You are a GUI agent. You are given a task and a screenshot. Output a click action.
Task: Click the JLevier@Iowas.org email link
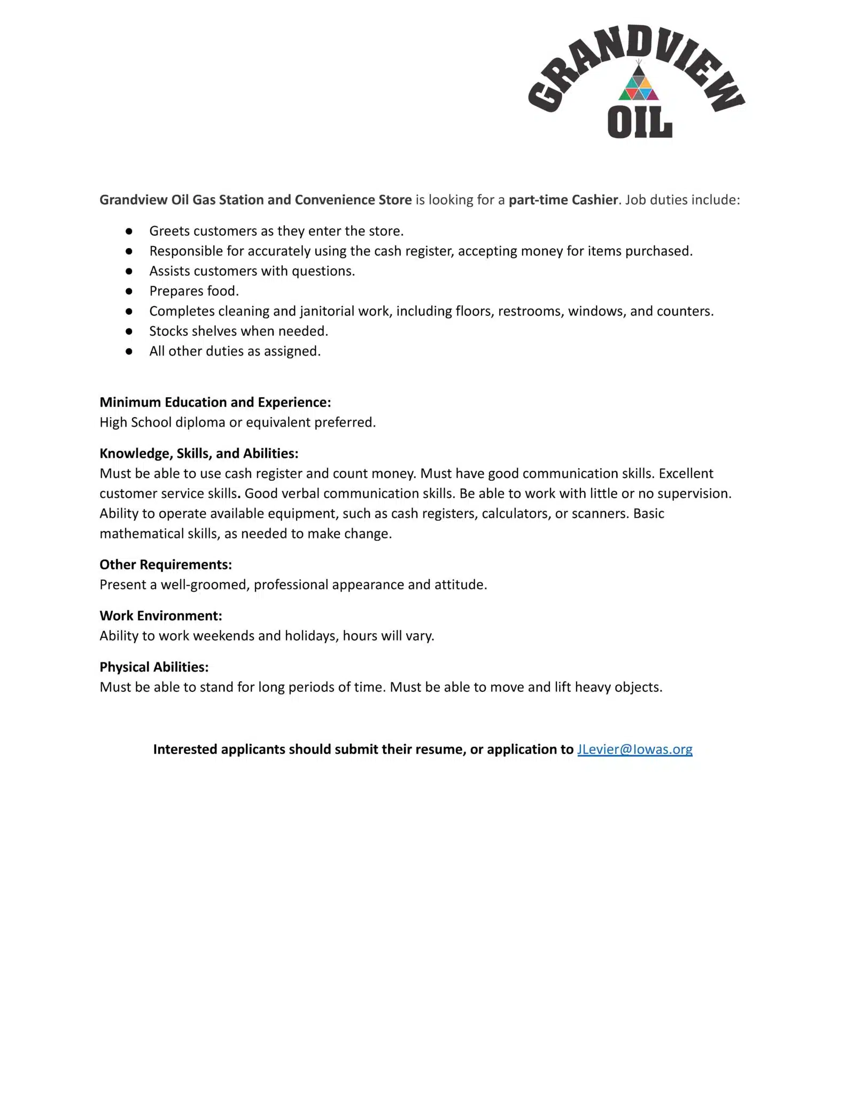point(634,749)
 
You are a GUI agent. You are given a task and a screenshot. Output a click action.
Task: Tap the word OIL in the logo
point(639,122)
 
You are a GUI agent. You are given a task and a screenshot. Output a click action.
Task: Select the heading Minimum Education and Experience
point(215,402)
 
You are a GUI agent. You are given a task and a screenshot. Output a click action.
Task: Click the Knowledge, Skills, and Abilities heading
point(199,453)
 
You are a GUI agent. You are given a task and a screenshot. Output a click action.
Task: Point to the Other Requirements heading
point(166,565)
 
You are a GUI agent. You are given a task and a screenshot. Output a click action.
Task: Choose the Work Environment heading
point(160,616)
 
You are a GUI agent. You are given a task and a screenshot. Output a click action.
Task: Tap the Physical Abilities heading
point(154,667)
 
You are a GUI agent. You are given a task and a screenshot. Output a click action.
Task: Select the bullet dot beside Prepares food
point(129,291)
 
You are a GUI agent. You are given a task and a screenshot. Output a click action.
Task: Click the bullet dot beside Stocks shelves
point(129,331)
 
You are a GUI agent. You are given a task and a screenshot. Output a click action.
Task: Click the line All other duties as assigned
point(235,351)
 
